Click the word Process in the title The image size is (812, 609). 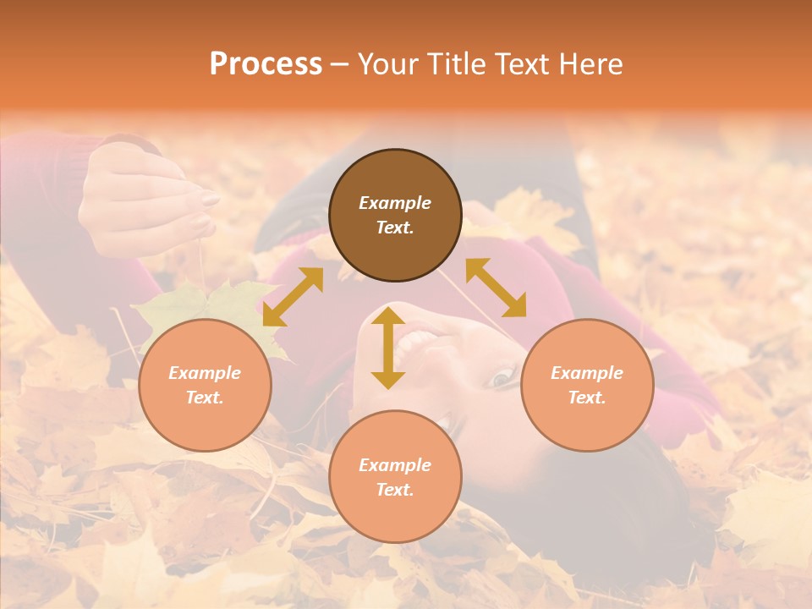(266, 64)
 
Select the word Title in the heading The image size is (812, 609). (461, 64)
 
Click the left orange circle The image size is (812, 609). (205, 385)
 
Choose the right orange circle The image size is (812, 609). (587, 385)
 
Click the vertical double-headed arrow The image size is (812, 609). (388, 348)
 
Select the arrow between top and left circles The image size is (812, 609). (293, 296)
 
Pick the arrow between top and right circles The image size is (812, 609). (496, 288)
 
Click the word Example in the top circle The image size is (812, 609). (395, 203)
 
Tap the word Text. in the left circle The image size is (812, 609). (205, 398)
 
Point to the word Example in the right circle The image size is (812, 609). (587, 373)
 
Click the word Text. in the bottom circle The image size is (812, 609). (395, 490)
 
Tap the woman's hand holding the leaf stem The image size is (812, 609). (144, 199)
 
